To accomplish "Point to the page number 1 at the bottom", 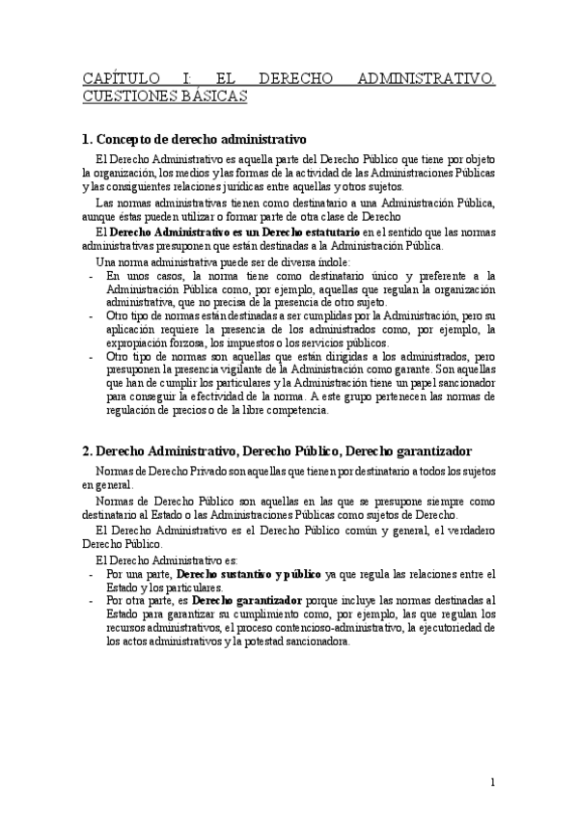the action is [x=492, y=782].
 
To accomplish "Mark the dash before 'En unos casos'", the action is [x=90, y=275].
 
